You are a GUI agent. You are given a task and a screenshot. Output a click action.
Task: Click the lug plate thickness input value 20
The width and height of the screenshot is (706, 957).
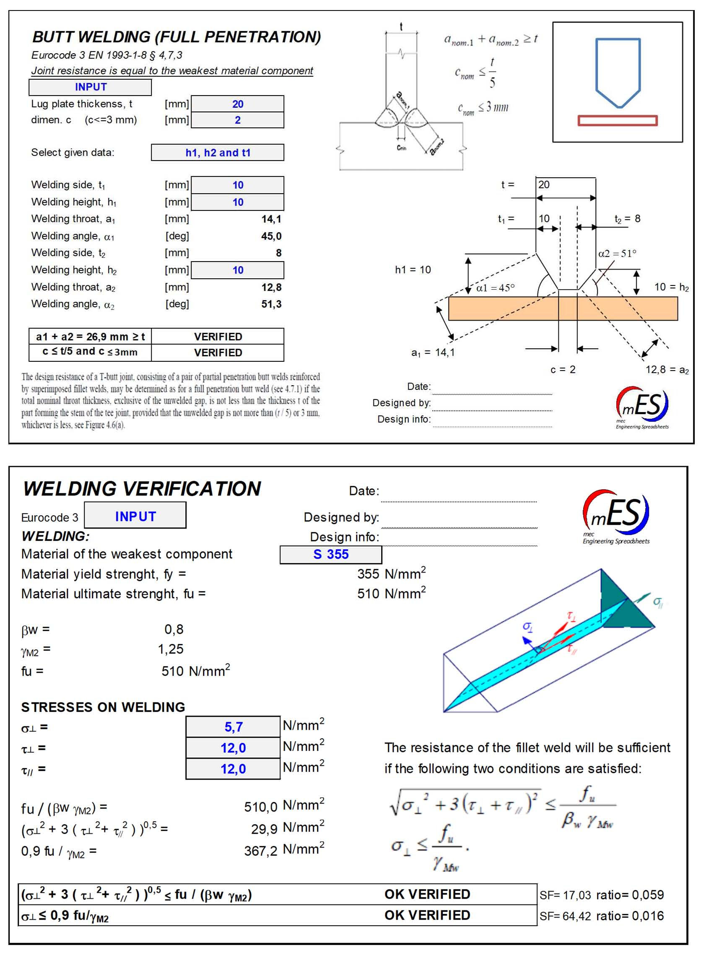(238, 104)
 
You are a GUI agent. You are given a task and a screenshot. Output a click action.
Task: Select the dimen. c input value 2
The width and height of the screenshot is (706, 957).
(238, 120)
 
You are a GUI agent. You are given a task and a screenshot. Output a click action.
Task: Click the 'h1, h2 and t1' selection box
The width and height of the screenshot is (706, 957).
(218, 153)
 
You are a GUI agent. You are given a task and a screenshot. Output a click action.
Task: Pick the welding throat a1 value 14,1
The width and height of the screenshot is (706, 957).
(271, 219)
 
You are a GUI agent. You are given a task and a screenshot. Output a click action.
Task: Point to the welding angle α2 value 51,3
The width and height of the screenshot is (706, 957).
(271, 304)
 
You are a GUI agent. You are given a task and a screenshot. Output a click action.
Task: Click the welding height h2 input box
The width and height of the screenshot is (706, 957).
(238, 270)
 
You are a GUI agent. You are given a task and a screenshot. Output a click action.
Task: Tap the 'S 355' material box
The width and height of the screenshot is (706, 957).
(331, 555)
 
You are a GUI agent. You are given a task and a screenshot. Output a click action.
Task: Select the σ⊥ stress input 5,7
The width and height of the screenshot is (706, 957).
(234, 727)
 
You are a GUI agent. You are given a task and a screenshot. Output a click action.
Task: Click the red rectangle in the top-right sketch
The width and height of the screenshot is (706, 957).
(618, 120)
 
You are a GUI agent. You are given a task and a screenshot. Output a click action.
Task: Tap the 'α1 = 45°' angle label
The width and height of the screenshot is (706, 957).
(495, 288)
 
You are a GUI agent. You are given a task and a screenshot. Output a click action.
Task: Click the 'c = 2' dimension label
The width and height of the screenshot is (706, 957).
(563, 370)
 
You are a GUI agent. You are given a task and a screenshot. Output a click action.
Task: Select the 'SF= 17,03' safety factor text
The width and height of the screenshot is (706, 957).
(565, 895)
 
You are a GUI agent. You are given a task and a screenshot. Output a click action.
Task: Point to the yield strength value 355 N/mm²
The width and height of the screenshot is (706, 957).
(391, 574)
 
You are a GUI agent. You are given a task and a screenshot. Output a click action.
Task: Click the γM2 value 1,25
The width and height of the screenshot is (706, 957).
(171, 649)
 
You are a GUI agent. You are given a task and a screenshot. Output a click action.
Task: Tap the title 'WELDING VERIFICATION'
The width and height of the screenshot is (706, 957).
(142, 489)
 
